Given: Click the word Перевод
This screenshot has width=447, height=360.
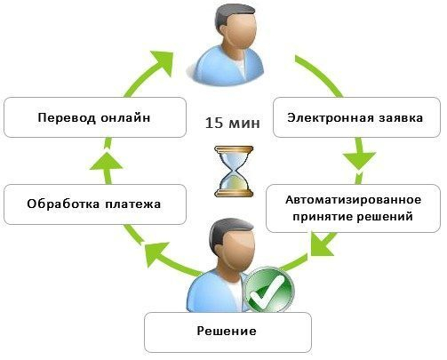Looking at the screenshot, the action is tap(67, 118).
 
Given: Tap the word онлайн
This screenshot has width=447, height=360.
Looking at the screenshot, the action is tap(125, 117).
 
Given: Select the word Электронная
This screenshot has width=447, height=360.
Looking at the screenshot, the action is tap(331, 117).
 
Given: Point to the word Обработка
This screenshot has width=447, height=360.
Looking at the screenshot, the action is tap(64, 204).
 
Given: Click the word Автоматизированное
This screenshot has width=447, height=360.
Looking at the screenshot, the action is tap(353, 200).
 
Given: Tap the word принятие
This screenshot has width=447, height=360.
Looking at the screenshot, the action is tap(323, 217).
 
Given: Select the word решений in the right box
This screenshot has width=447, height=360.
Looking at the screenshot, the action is tap(385, 217).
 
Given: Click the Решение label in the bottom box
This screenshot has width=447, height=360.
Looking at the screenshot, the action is tap(227, 331).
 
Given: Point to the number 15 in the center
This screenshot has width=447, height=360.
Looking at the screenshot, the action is tap(214, 123).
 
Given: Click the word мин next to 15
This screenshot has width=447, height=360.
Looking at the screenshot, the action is tap(243, 124).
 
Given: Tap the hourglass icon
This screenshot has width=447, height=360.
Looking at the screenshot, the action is tap(234, 172).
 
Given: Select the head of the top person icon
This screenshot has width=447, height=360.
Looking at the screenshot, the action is tap(235, 28).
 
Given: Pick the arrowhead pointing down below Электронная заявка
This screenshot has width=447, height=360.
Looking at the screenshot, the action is tap(359, 161).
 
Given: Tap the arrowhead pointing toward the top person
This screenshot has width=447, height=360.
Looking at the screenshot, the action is tap(164, 62).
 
